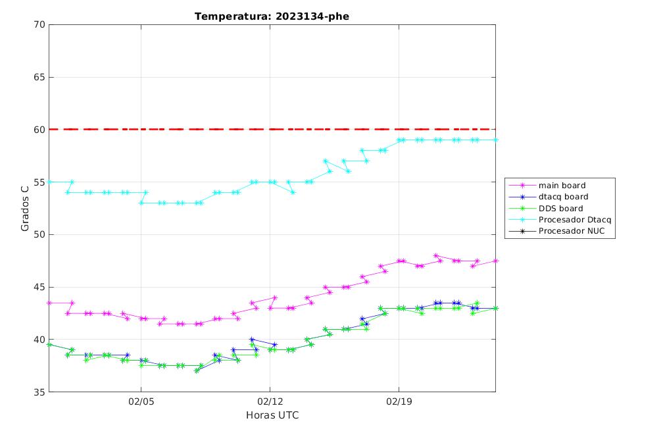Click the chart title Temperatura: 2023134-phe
click(x=272, y=16)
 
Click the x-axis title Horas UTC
click(x=272, y=415)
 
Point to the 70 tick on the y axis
click(x=39, y=24)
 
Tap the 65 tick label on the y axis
click(x=39, y=77)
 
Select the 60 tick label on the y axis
click(x=39, y=130)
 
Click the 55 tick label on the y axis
click(x=39, y=182)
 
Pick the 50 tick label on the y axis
click(x=39, y=234)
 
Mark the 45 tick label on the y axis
click(x=39, y=287)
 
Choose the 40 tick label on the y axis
click(x=39, y=340)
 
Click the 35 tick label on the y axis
click(x=39, y=392)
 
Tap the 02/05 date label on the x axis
click(x=141, y=401)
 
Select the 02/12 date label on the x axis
click(x=270, y=401)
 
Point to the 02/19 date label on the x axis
click(x=399, y=401)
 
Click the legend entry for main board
click(x=547, y=186)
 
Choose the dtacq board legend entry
click(x=549, y=197)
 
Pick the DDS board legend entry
click(x=546, y=208)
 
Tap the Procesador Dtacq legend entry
click(x=560, y=220)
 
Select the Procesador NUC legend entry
click(x=556, y=231)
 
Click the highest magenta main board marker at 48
click(x=436, y=255)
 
